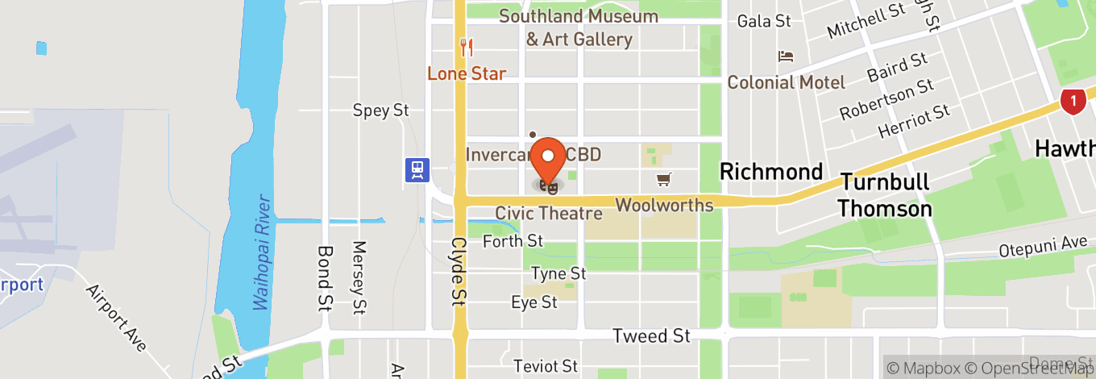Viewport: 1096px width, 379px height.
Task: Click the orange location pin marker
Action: pyautogui.click(x=550, y=158)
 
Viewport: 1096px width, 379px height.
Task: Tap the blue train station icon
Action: pyautogui.click(x=417, y=169)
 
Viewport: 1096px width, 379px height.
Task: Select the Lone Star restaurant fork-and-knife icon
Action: pyautogui.click(x=466, y=48)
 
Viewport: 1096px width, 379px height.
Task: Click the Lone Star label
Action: pyautogui.click(x=467, y=73)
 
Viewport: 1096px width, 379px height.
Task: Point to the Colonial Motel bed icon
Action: pyautogui.click(x=786, y=56)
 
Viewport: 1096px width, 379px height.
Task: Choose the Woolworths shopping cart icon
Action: pyautogui.click(x=663, y=179)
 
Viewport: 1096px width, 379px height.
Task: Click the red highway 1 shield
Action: pyautogui.click(x=1072, y=101)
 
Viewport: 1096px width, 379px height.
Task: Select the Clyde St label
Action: pyautogui.click(x=459, y=271)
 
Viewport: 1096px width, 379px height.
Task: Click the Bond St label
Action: pyautogui.click(x=325, y=279)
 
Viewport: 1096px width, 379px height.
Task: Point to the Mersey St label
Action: pyautogui.click(x=359, y=277)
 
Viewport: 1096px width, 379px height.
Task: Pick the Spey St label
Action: pyautogui.click(x=382, y=110)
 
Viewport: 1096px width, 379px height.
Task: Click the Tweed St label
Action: pyautogui.click(x=651, y=335)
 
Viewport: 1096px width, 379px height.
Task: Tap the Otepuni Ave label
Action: pyautogui.click(x=1043, y=247)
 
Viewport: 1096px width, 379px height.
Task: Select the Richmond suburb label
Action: pyautogui.click(x=770, y=172)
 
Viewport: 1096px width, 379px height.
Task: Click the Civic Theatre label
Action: pyautogui.click(x=549, y=214)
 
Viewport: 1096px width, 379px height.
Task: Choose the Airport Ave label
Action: pyautogui.click(x=118, y=318)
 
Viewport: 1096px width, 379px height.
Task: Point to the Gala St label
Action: pyautogui.click(x=764, y=21)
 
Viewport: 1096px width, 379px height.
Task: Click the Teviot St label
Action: pyautogui.click(x=546, y=366)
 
